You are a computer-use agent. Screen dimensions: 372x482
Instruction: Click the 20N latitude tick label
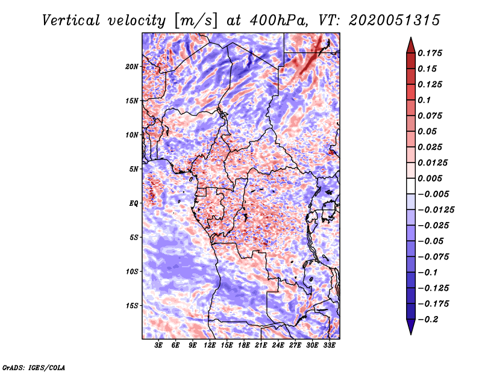pyautogui.click(x=131, y=66)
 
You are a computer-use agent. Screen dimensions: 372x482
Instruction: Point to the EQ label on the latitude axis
pyautogui.click(x=134, y=203)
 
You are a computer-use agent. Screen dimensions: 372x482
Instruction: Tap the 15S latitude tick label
pyautogui.click(x=131, y=305)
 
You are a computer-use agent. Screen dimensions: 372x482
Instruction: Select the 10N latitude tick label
pyautogui.click(x=131, y=135)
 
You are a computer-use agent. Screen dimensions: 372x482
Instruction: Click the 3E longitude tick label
pyautogui.click(x=158, y=346)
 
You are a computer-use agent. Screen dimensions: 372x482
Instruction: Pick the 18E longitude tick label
pyautogui.click(x=244, y=346)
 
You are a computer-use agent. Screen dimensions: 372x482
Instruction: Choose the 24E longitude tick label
pyautogui.click(x=278, y=346)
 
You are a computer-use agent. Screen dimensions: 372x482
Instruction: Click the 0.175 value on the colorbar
pyautogui.click(x=432, y=54)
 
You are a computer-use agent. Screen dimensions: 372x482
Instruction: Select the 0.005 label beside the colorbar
pyautogui.click(x=432, y=179)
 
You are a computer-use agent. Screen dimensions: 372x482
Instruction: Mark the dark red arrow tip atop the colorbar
pyautogui.click(x=410, y=42)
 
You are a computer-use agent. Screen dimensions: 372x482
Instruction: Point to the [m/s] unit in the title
pyautogui.click(x=193, y=20)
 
